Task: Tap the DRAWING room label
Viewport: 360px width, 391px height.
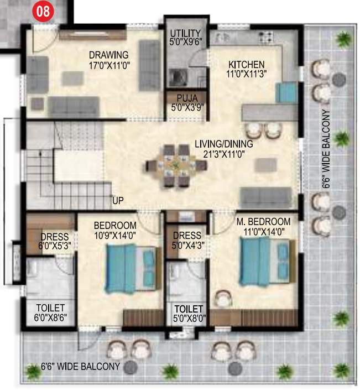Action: [x=109, y=55]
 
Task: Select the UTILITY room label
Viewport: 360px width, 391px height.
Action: [x=185, y=33]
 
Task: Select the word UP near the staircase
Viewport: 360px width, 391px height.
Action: [x=118, y=200]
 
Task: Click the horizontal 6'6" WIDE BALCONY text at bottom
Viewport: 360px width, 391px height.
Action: [x=81, y=367]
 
